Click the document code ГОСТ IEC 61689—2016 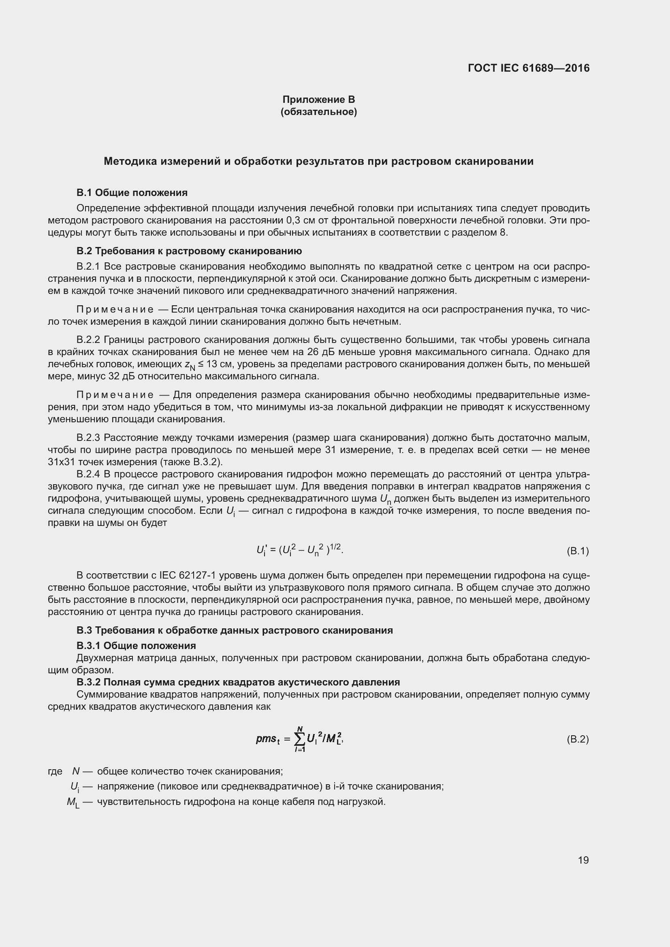529,68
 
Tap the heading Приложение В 318,100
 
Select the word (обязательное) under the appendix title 318,112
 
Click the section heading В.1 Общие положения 132,193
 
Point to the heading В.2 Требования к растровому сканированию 189,251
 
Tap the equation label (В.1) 578,551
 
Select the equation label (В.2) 578,739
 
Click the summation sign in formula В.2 300,740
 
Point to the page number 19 583,860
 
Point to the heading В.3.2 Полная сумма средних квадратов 238,682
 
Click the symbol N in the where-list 76,771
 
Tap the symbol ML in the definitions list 73,802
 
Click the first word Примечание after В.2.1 115,309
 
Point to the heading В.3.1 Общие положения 136,645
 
